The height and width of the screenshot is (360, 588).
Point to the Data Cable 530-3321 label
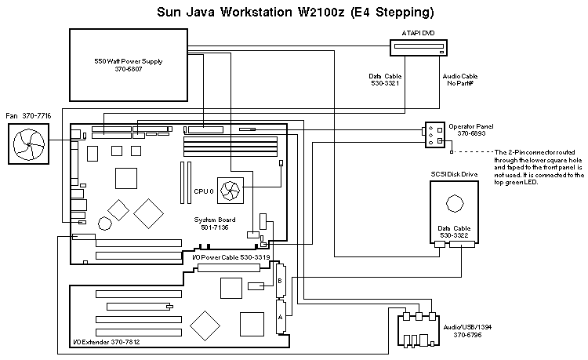coord(386,80)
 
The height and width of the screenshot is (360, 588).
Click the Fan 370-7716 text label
coord(28,115)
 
